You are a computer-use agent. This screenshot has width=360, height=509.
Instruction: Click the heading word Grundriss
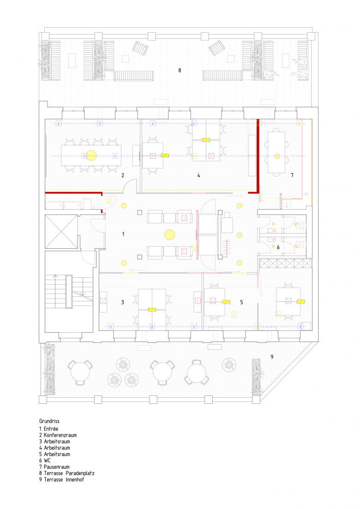[49, 421]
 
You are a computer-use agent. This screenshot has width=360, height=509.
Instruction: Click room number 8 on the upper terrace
[180, 70]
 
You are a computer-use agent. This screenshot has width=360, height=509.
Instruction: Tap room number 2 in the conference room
[123, 175]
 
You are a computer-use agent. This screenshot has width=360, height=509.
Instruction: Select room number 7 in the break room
[292, 175]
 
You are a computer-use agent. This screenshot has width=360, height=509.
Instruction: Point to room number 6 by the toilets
[278, 247]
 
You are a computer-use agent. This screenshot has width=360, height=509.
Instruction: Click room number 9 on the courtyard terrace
[272, 357]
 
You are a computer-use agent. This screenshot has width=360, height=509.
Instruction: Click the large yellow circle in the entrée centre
[169, 234]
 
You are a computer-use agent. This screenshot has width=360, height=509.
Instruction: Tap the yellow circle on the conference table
[91, 156]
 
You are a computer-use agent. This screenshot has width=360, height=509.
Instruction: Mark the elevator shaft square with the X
[61, 232]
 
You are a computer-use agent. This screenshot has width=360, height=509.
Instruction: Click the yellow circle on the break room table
[277, 156]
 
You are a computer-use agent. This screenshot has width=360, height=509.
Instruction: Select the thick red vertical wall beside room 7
[258, 156]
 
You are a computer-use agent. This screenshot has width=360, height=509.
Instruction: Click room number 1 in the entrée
[123, 234]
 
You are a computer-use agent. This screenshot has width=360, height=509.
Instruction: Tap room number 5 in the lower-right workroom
[241, 302]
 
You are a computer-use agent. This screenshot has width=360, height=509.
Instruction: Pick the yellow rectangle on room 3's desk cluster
[152, 310]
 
